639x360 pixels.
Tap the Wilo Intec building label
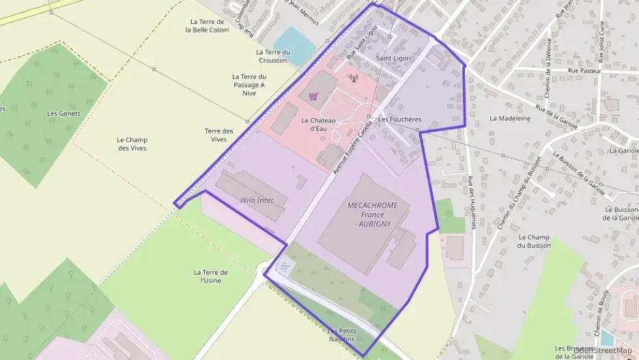pyautogui.click(x=257, y=200)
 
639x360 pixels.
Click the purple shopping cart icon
pyautogui.click(x=313, y=97)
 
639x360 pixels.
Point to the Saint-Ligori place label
pyautogui.click(x=393, y=58)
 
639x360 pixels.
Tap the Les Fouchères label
pyautogui.click(x=399, y=119)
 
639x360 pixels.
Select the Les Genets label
pyautogui.click(x=63, y=113)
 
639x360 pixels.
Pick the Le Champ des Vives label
pyautogui.click(x=132, y=143)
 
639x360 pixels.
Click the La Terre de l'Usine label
pyautogui.click(x=210, y=276)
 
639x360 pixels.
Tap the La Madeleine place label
pyautogui.click(x=510, y=118)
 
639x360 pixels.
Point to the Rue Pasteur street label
pyautogui.click(x=584, y=70)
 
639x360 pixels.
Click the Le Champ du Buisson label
pyautogui.click(x=534, y=240)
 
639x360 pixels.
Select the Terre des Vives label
pyautogui.click(x=218, y=135)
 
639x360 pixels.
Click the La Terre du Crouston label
pyautogui.click(x=273, y=56)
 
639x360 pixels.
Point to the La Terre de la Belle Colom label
pyautogui.click(x=208, y=26)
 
